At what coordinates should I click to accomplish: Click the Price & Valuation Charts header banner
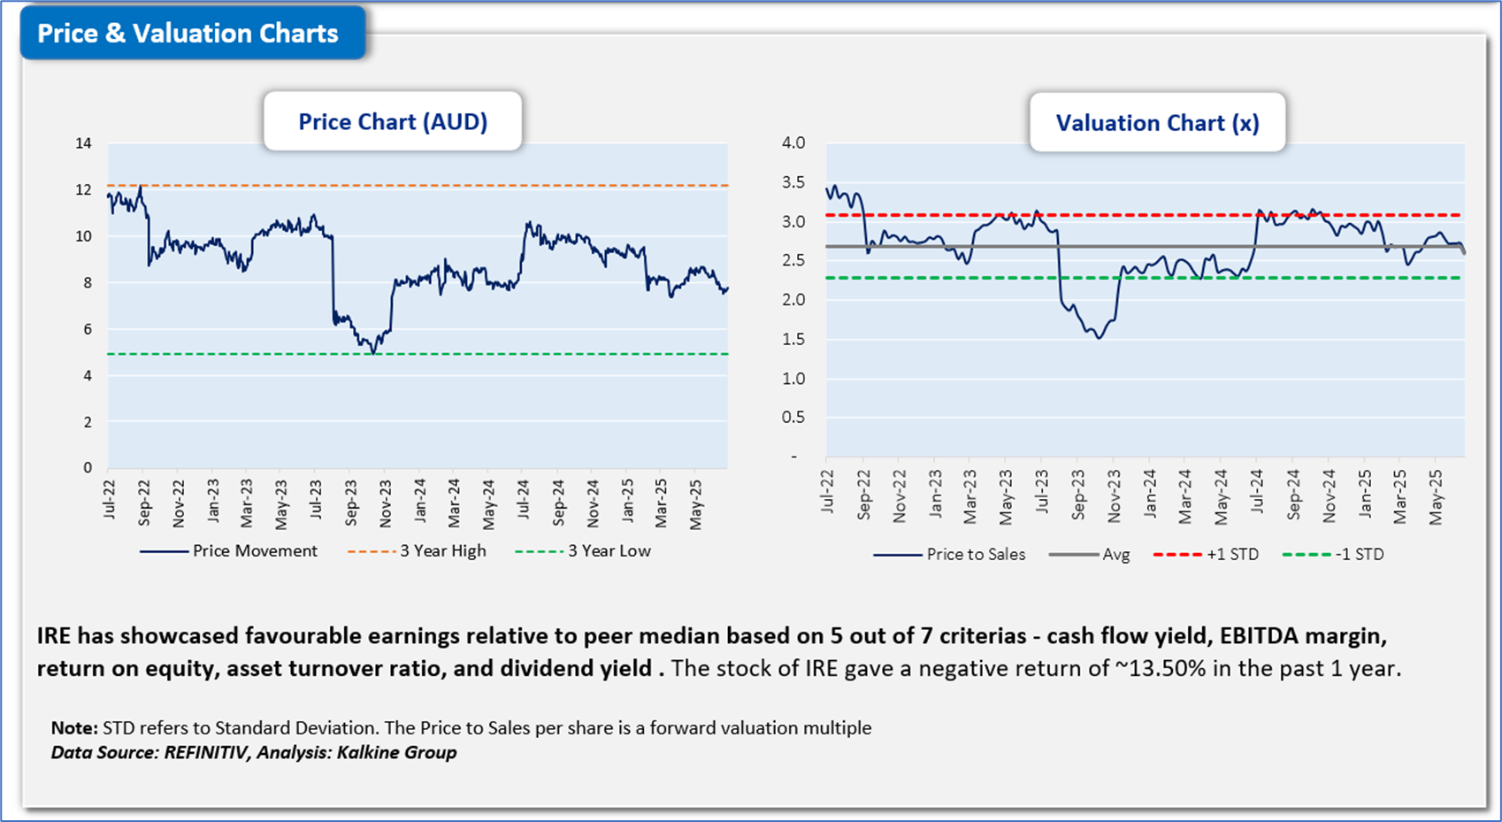point(188,34)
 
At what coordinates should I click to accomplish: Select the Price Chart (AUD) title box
point(393,122)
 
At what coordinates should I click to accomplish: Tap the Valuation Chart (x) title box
point(1157,123)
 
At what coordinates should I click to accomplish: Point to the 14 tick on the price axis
point(83,143)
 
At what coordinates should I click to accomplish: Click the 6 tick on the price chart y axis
point(88,329)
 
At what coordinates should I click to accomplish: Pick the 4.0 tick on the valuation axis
point(793,142)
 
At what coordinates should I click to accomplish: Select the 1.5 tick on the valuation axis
point(793,339)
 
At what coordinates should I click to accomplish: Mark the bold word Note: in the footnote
point(74,727)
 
